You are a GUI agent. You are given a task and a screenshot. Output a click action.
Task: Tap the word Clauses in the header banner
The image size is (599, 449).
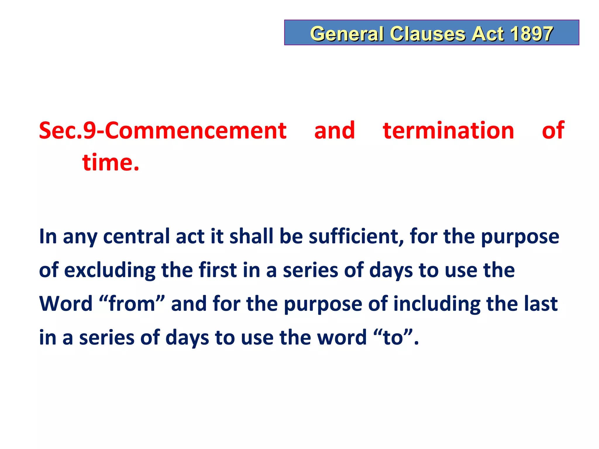[x=428, y=34]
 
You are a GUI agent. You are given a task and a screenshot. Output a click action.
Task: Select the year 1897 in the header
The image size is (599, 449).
[x=531, y=34]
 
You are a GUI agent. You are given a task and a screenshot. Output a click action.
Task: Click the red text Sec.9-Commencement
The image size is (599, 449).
[x=163, y=131]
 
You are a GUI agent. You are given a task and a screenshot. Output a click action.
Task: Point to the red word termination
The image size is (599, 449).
[x=448, y=131]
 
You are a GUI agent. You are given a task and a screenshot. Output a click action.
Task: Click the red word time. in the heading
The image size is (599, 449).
[x=111, y=163]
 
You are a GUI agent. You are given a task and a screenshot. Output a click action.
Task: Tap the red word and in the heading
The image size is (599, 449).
[x=335, y=131]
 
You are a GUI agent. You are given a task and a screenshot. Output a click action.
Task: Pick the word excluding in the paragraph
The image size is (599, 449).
[x=110, y=270]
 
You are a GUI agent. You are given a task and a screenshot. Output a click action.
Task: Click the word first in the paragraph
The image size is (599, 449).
[x=218, y=270]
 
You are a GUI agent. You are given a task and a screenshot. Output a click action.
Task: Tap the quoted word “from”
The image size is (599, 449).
[x=132, y=304]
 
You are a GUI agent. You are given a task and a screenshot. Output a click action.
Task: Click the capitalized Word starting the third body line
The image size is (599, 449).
[x=66, y=304]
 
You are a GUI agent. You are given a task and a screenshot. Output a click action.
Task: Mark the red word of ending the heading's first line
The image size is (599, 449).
[x=553, y=131]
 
